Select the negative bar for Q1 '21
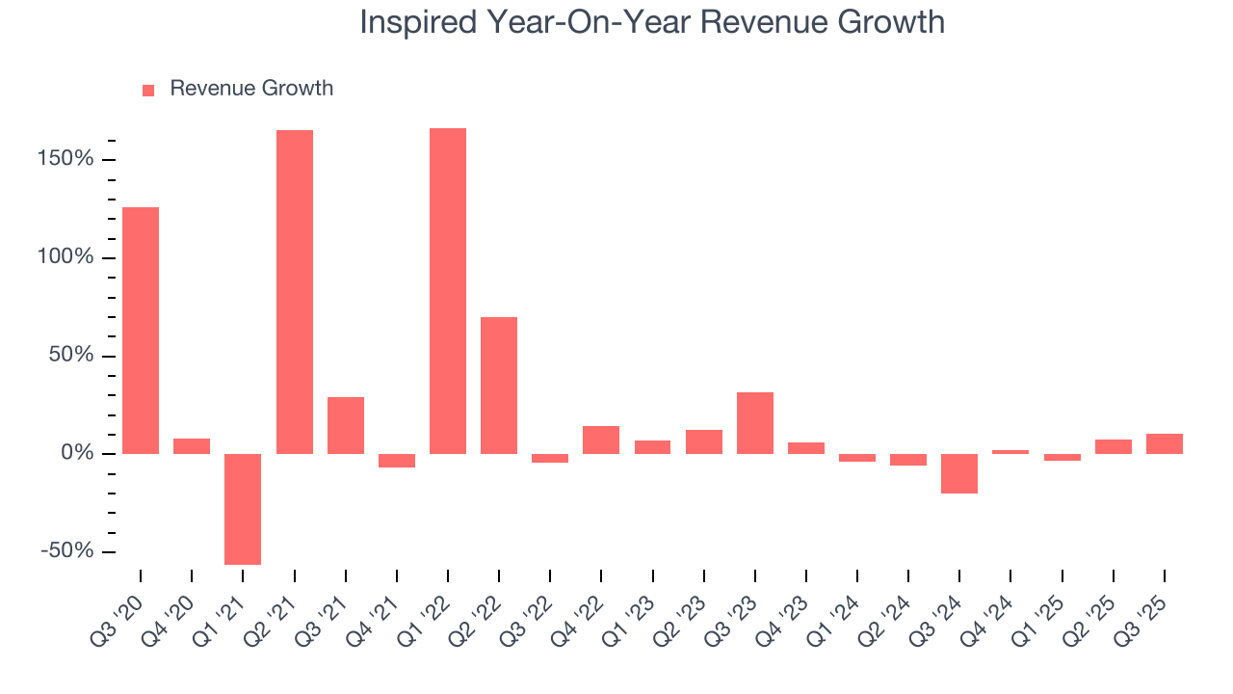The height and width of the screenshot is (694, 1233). tap(243, 509)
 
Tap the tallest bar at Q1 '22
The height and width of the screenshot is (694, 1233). tap(448, 290)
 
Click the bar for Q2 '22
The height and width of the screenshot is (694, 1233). tap(499, 385)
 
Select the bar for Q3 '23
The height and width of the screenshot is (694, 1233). tap(755, 422)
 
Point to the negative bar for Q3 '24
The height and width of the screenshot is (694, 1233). tap(959, 473)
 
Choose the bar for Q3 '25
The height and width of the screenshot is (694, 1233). tap(1165, 443)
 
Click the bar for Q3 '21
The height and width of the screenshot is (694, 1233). tap(346, 425)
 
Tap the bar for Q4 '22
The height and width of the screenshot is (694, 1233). tap(601, 440)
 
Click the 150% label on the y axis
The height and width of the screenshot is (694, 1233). tap(66, 159)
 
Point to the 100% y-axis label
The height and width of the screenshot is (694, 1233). tap(66, 257)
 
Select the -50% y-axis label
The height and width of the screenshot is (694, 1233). tap(66, 551)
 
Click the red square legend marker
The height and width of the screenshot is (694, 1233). tap(148, 90)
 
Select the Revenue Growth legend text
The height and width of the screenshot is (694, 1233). tap(251, 89)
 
